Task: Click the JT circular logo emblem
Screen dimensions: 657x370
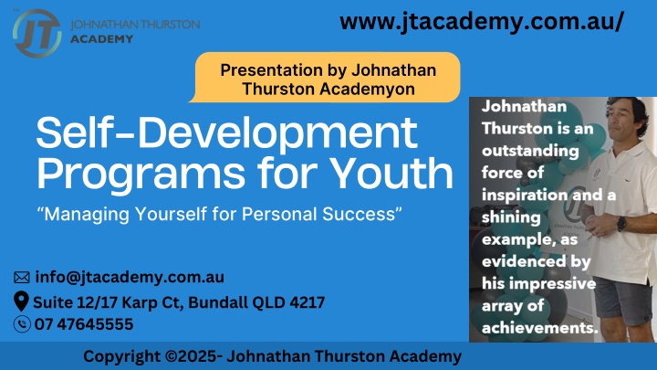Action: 36,33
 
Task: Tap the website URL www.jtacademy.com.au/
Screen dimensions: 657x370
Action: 482,21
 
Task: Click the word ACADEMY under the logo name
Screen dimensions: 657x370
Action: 101,39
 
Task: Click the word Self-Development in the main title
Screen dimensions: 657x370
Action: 226,132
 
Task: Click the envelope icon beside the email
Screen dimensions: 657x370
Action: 22,278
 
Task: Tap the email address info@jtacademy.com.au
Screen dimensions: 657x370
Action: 130,278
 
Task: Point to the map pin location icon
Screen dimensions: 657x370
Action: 21,301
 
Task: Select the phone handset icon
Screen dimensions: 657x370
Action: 22,323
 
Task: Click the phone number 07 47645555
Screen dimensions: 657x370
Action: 84,323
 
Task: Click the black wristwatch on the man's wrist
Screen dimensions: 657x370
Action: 621,224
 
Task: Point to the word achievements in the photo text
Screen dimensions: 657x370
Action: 539,328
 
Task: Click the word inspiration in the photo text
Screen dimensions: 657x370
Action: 524,196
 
